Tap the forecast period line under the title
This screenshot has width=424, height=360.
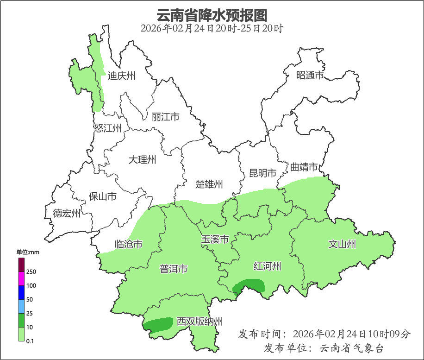[212, 28]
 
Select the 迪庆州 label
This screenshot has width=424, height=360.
[121, 76]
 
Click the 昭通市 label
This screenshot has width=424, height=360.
[310, 75]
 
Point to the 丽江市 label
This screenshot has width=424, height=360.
[165, 117]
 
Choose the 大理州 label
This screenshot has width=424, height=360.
[142, 160]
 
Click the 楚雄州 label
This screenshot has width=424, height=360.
[209, 184]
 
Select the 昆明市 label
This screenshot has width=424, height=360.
[262, 173]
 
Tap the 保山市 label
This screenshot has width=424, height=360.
[102, 196]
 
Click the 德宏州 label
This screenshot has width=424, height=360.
[67, 214]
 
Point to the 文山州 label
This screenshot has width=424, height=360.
[342, 244]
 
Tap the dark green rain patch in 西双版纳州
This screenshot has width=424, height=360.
[157, 324]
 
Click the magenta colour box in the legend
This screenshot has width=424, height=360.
[21, 279]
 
